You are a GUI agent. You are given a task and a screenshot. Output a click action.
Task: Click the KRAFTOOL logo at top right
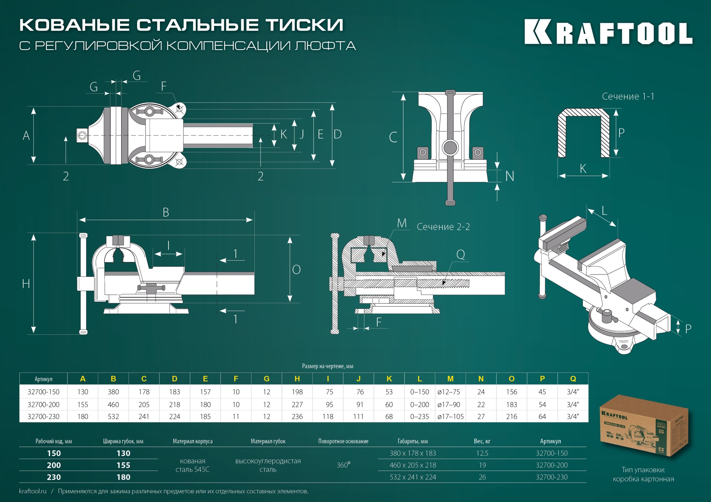pos(608,33)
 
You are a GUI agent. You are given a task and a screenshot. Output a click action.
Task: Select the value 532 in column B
pos(113,417)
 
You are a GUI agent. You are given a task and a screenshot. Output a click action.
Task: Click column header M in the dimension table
pos(450,379)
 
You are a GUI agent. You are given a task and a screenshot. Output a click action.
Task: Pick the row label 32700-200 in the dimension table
pos(43,405)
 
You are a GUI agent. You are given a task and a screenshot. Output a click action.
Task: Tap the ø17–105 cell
pos(450,417)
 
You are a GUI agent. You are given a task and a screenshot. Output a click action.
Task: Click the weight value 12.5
pos(482,453)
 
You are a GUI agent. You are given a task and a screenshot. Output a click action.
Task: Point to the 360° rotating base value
pos(343,465)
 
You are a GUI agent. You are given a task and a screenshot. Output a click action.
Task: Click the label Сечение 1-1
pos(628,97)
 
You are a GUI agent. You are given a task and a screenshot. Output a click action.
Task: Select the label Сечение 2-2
pos(443,227)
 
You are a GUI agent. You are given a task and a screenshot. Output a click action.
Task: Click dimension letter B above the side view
pos(166,213)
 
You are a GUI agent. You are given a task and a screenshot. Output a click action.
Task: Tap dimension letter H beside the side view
pos(26,284)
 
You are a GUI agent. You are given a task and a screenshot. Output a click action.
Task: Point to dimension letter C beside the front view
pos(393,137)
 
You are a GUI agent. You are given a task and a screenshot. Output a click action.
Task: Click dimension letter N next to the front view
pos(510,176)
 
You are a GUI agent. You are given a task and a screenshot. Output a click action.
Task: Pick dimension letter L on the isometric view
pos(604,211)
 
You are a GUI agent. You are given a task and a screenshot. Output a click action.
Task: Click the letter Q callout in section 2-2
pos(460,255)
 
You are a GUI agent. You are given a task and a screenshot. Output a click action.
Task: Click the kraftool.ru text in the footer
pos(33,491)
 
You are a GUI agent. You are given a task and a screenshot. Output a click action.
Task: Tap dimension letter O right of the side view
pos(296,270)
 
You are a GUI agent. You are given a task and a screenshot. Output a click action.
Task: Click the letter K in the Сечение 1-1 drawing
pos(583,169)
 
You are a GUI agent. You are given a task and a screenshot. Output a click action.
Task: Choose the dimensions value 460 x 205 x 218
pos(413,465)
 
